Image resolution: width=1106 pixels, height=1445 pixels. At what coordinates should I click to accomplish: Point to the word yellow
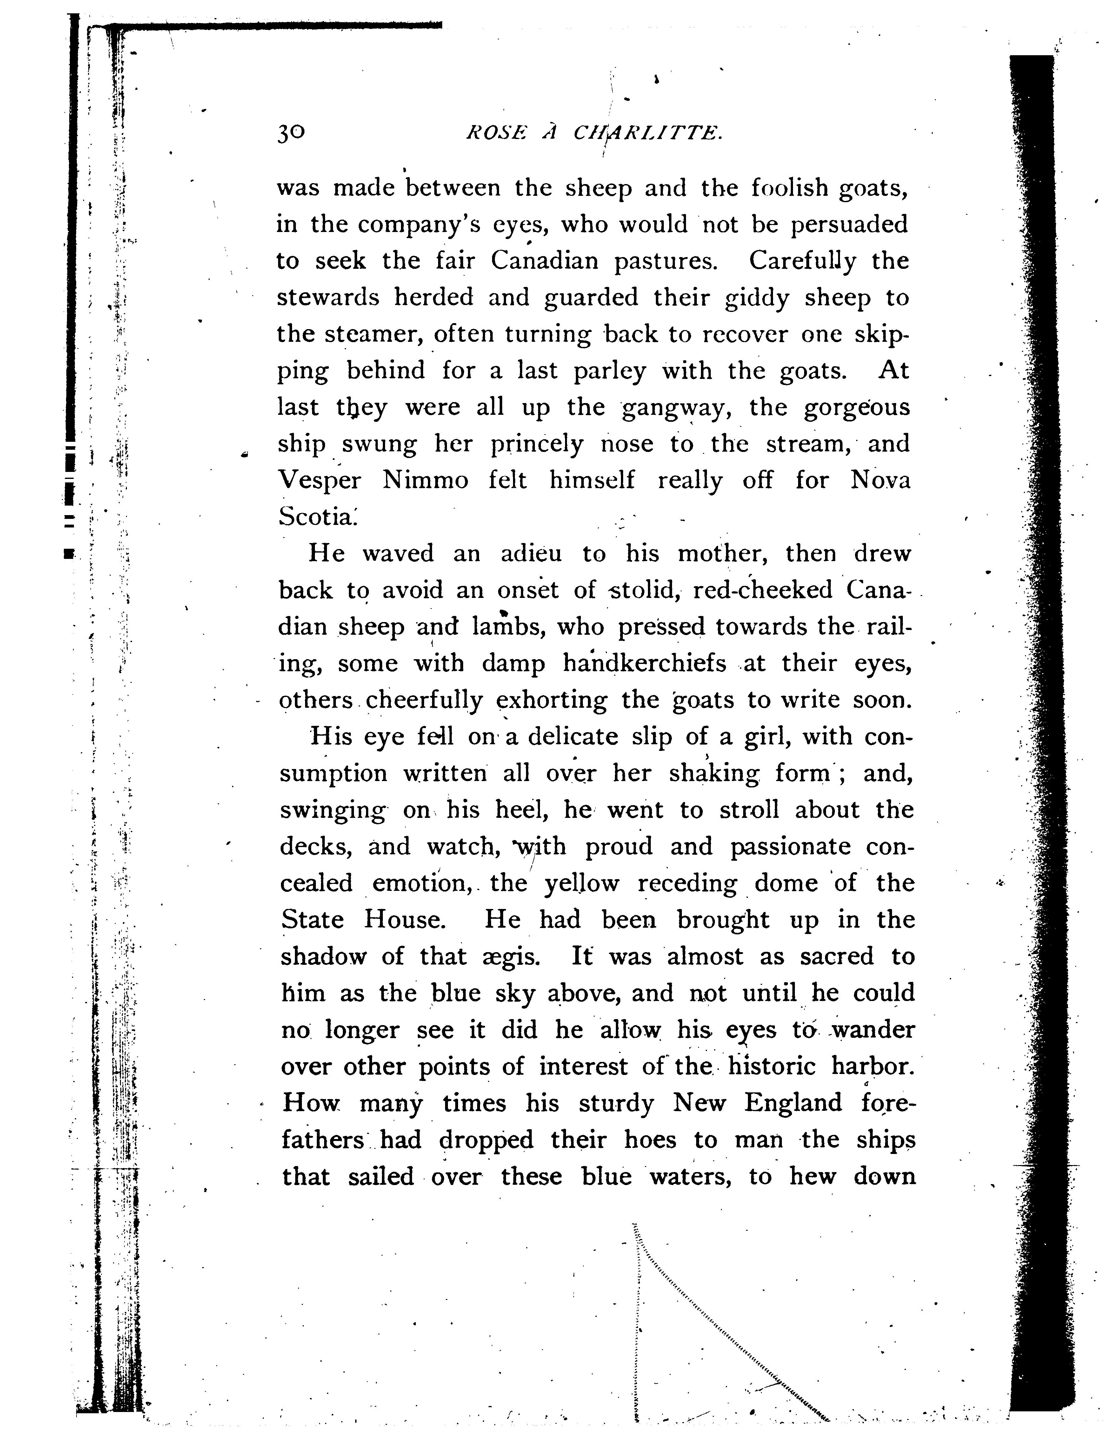click(581, 884)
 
